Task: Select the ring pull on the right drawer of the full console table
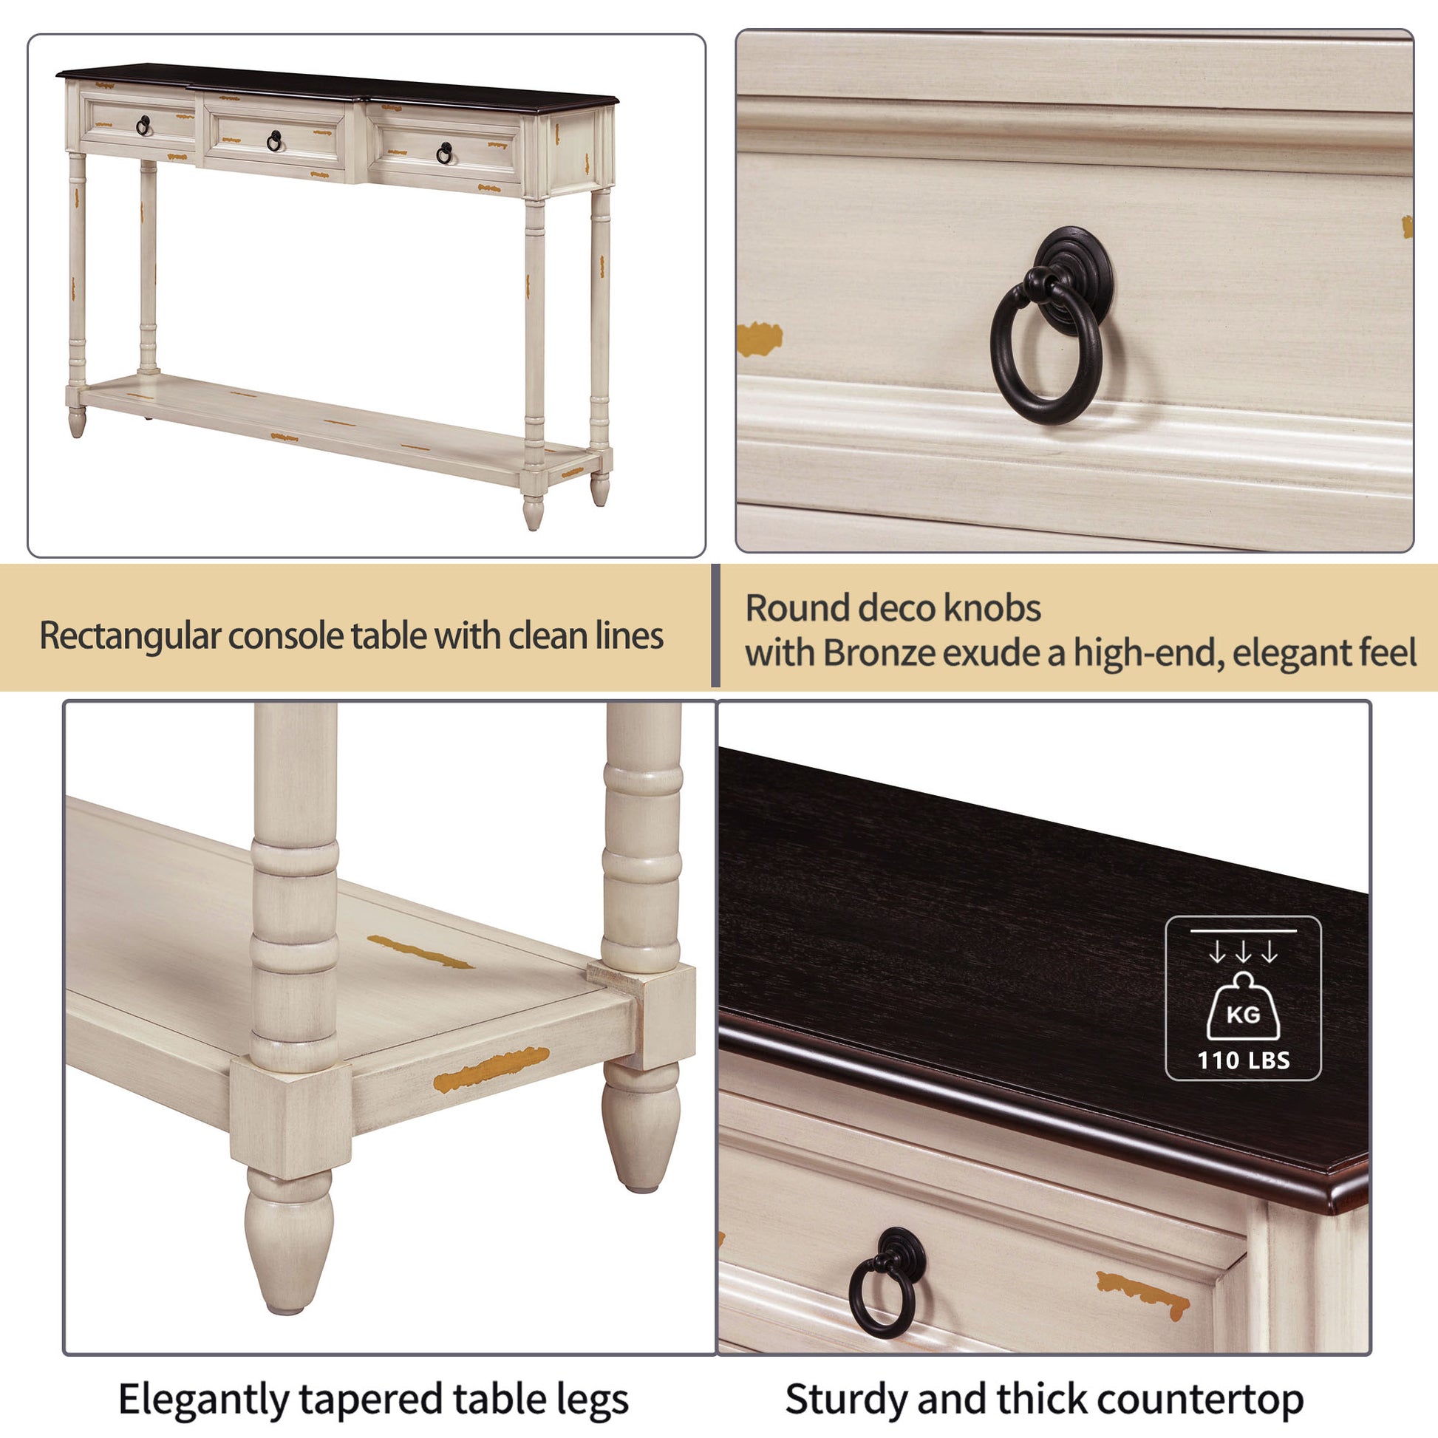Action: pyautogui.click(x=444, y=153)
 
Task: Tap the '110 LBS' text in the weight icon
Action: pyautogui.click(x=1243, y=1060)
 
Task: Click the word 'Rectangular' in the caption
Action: pyautogui.click(x=130, y=636)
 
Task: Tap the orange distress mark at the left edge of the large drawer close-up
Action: pyautogui.click(x=759, y=338)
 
